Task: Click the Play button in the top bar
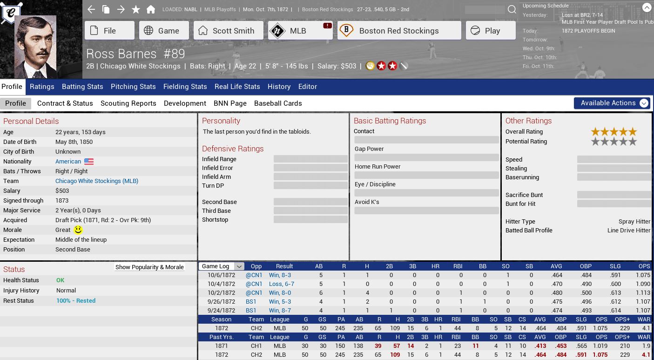491,31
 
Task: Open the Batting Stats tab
82,87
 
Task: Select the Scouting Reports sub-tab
128,103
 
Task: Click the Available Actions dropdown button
611,103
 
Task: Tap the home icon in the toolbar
150,9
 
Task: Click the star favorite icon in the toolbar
135,9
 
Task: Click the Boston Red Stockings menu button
399,31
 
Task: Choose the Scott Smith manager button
228,31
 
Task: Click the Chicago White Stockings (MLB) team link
97,181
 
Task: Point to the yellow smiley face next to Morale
78,230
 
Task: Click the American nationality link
68,162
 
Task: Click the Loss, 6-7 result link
281,284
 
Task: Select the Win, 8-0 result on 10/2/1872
280,293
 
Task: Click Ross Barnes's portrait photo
35,47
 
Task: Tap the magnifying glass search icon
512,9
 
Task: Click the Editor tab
307,87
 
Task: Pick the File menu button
109,31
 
